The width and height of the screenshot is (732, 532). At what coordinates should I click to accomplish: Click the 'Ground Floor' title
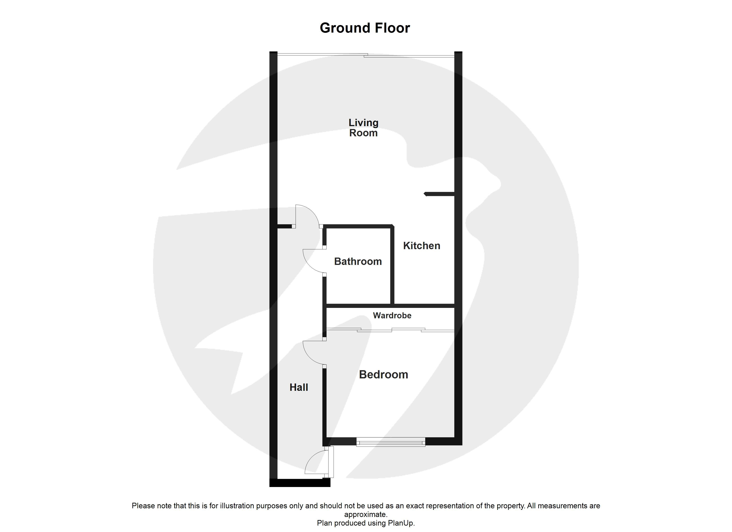click(365, 28)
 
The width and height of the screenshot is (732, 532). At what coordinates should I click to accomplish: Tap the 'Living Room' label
click(363, 128)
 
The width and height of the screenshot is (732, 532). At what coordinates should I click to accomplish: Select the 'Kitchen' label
click(421, 246)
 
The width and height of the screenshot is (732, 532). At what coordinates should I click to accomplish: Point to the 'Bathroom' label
click(358, 261)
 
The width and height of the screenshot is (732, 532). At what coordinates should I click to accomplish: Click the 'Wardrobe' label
click(392, 315)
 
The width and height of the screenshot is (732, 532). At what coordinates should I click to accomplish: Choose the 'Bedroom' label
click(384, 375)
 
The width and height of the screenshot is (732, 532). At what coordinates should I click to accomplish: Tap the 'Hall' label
click(299, 387)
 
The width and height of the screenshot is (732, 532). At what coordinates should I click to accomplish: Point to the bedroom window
click(391, 442)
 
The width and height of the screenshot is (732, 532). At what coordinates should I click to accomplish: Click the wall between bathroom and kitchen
click(392, 265)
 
